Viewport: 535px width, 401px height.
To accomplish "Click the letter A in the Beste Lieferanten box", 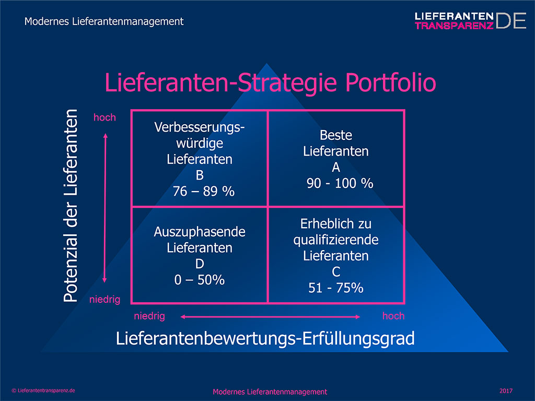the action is (336, 168).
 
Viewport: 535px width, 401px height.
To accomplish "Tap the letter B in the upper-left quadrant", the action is (200, 175).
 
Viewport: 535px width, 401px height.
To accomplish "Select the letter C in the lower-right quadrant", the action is (336, 272).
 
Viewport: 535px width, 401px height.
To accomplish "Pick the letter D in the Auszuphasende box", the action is (200, 264).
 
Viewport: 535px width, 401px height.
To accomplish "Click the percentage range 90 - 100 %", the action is (340, 183).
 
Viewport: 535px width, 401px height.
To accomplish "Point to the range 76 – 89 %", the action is (204, 191).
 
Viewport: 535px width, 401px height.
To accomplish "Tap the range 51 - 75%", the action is (336, 288).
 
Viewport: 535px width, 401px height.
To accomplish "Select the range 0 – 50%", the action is (200, 280).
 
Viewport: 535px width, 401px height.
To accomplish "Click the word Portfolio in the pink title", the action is (391, 83).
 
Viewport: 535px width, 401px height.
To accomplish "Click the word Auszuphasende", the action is (200, 232).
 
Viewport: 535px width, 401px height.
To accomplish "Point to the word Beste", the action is (336, 135).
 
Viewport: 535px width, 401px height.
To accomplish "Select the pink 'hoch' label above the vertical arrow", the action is (104, 117).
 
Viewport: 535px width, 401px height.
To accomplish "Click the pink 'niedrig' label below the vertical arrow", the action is (104, 299).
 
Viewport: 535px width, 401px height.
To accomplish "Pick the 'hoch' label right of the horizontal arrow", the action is (393, 316).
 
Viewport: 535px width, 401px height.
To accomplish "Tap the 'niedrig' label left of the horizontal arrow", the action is (149, 316).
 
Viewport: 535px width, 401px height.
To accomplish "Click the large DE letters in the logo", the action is (511, 21).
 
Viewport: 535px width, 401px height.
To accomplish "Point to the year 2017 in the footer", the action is (506, 391).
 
